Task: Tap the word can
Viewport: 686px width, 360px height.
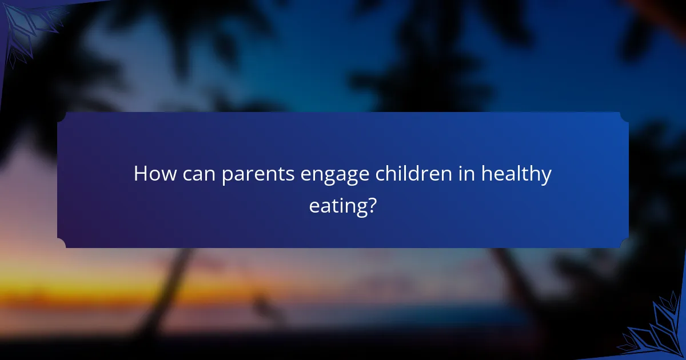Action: (x=199, y=175)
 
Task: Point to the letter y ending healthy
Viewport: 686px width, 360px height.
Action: (x=545, y=177)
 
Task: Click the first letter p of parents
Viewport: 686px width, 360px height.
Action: (x=227, y=177)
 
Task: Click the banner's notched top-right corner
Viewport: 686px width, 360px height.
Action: (x=624, y=116)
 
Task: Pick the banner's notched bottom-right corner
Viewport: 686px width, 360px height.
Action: (x=624, y=244)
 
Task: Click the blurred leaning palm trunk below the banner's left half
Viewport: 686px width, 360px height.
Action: (x=171, y=286)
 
